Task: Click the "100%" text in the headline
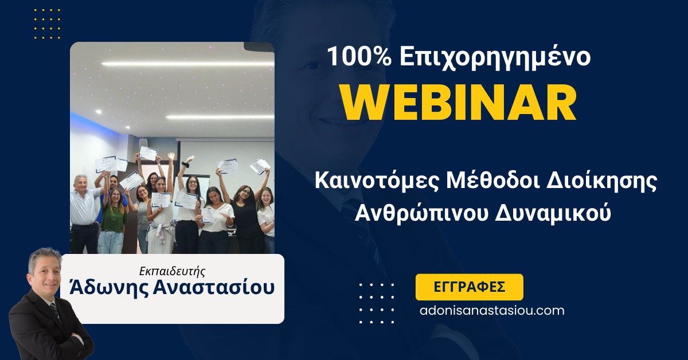click(x=356, y=57)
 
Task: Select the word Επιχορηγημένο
click(x=490, y=58)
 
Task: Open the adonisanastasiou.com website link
click(x=491, y=311)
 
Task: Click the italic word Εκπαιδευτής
click(x=172, y=270)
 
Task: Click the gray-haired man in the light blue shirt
click(x=83, y=209)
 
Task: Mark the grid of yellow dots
click(x=47, y=24)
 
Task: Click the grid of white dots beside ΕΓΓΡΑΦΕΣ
click(x=377, y=303)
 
